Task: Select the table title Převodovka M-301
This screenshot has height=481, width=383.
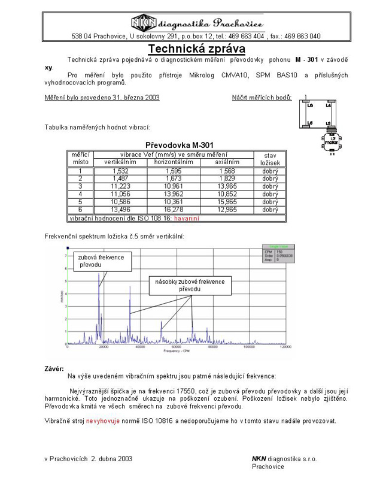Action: coord(180,145)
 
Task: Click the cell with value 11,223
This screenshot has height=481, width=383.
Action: coord(120,186)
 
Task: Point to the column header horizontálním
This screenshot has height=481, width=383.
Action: coord(174,162)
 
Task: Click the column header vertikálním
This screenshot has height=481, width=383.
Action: coord(120,162)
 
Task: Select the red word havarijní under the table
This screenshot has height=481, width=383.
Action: coord(187,219)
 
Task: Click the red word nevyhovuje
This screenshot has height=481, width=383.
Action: coord(103,421)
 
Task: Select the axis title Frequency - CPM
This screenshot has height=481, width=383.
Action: coord(177,351)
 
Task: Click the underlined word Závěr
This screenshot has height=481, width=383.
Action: coord(54,368)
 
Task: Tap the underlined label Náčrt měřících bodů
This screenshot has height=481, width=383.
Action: coord(262,97)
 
